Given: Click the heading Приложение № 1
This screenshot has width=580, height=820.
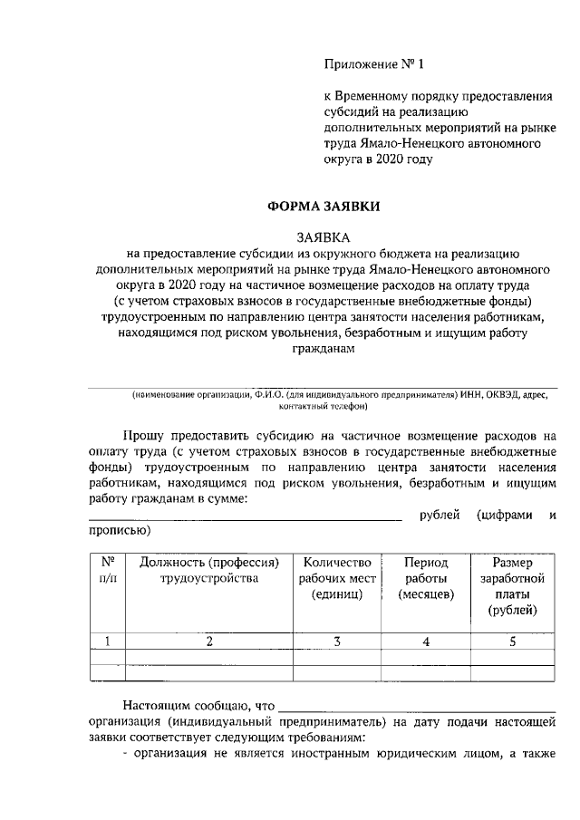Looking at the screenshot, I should [374, 64].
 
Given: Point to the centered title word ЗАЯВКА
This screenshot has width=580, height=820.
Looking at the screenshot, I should [323, 237].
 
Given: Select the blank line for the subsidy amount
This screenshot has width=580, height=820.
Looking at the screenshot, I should [245, 519].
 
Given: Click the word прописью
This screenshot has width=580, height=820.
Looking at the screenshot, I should [117, 531].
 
